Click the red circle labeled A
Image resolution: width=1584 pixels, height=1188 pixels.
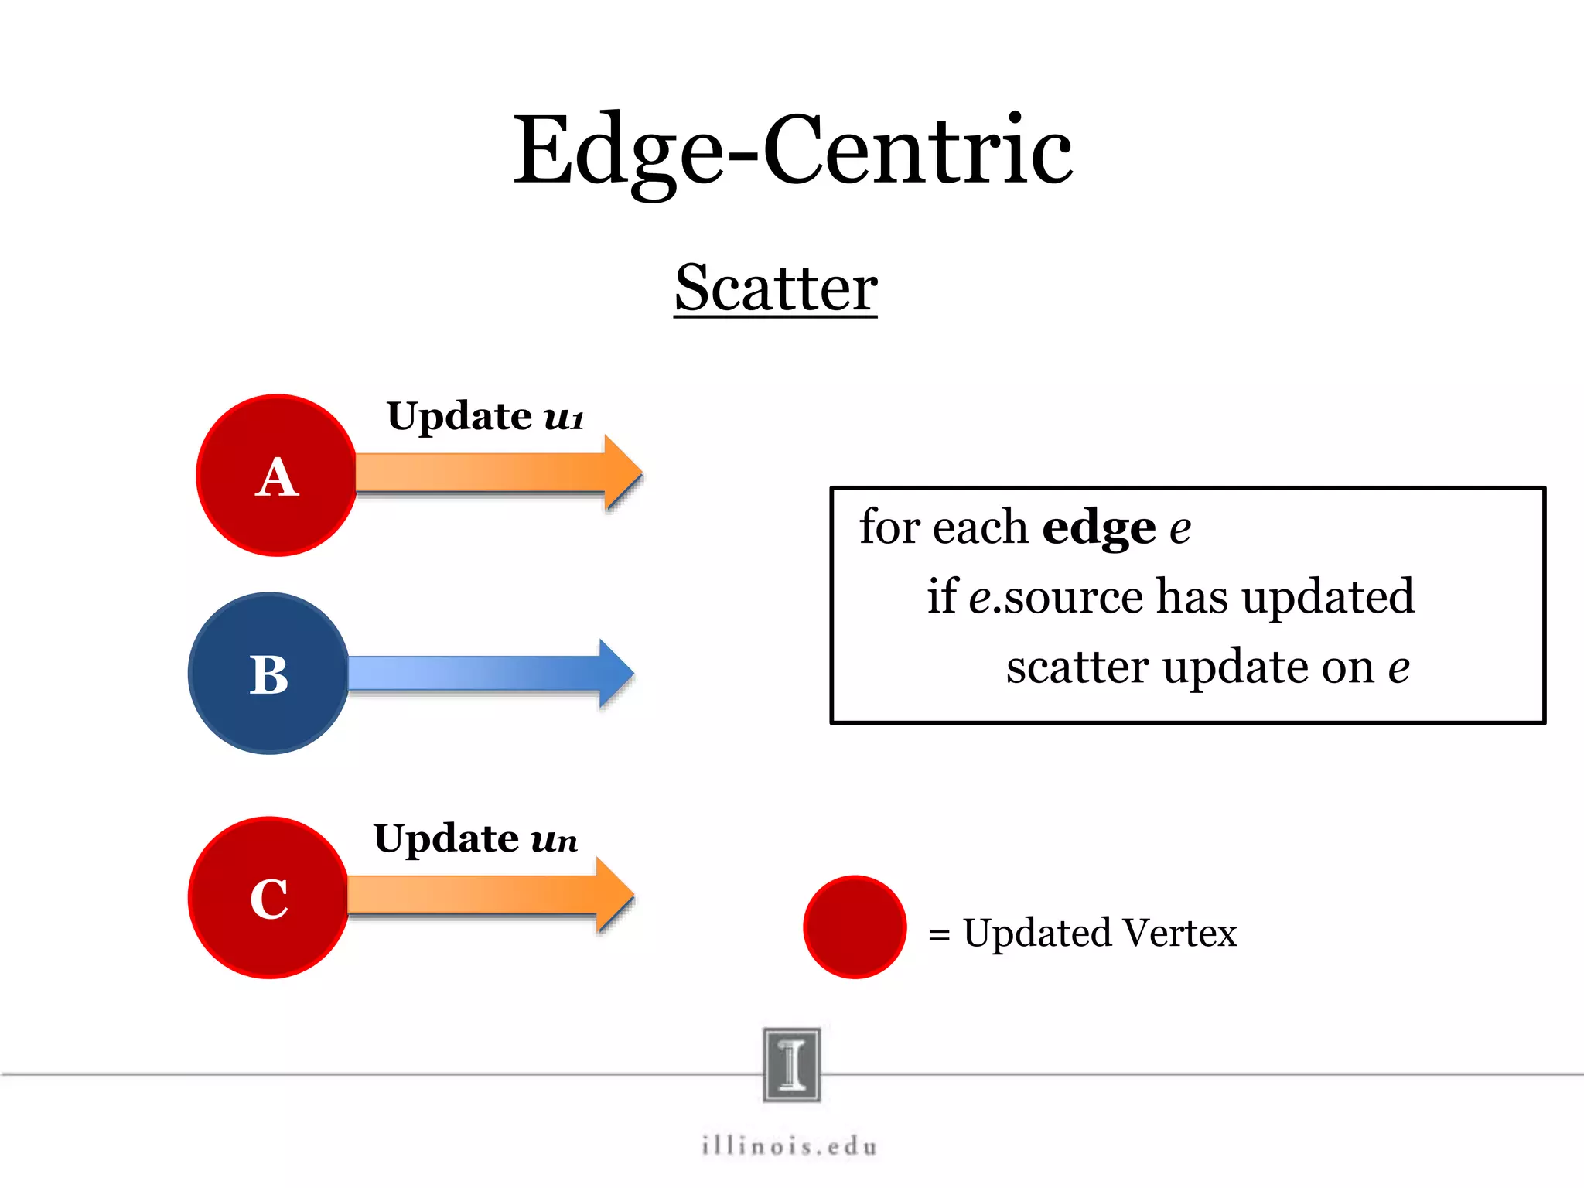tap(276, 475)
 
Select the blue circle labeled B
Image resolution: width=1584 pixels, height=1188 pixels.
tap(268, 673)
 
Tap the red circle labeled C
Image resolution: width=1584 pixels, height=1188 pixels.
tap(268, 897)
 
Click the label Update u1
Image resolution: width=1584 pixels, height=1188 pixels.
tap(485, 417)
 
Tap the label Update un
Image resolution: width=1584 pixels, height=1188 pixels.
tap(475, 839)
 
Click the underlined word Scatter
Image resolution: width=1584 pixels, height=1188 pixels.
tap(776, 288)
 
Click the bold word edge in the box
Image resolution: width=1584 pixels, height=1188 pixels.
tap(1098, 529)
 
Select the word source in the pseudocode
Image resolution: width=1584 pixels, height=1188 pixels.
tap(1074, 597)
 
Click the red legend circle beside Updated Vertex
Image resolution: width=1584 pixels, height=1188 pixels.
tap(855, 927)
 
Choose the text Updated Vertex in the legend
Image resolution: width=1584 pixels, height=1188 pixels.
tap(1099, 933)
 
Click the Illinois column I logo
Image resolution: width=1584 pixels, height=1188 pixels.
tap(791, 1064)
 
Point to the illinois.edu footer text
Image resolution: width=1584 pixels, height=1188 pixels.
tap(790, 1145)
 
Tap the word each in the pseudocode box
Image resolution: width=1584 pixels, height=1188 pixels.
tap(980, 528)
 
